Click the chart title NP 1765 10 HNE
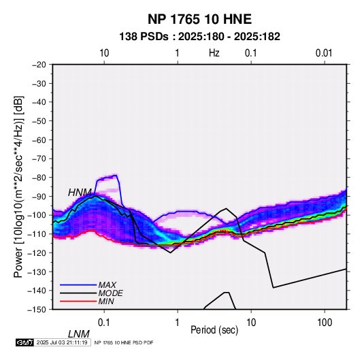click(199, 19)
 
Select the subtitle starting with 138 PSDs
click(199, 37)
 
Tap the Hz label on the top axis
click(214, 53)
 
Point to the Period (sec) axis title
click(214, 330)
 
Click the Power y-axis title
click(18, 186)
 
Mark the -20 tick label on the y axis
click(39, 65)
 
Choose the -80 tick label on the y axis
click(39, 178)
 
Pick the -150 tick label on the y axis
click(37, 310)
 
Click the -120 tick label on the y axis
click(37, 252)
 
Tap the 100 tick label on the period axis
click(325, 323)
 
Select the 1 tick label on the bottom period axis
click(177, 323)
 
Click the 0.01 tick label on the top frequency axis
click(324, 53)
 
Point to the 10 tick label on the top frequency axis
click(104, 53)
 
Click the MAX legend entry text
click(107, 285)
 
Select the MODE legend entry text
click(110, 293)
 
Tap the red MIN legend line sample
click(78, 301)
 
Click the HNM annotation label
click(80, 193)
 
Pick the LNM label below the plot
click(78, 334)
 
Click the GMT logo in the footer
click(25, 342)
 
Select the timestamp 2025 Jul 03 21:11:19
click(62, 342)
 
